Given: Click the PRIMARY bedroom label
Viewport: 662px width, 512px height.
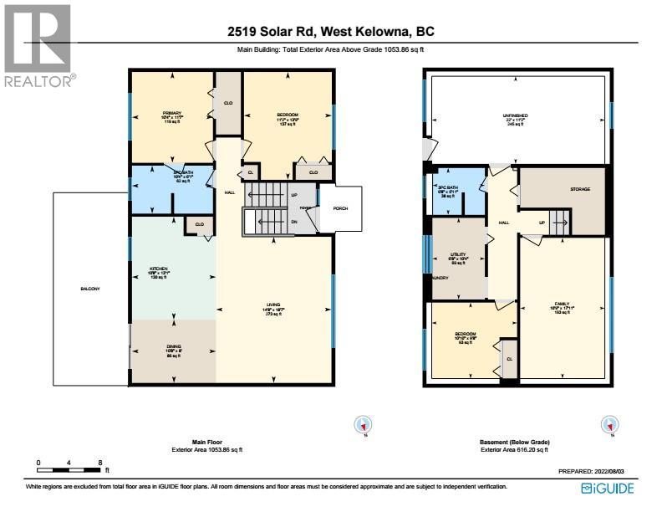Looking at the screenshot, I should pos(171,114).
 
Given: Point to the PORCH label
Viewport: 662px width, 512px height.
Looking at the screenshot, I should pos(340,209).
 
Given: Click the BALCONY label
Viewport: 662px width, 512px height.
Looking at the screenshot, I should pos(90,289).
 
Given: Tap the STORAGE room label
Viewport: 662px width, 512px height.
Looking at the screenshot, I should pos(580,189).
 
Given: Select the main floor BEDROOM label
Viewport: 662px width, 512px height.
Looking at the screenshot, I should pos(288,114).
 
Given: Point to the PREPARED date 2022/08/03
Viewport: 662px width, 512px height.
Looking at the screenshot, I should pos(595,472).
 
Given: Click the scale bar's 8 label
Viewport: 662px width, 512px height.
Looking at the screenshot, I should pos(100,462).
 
